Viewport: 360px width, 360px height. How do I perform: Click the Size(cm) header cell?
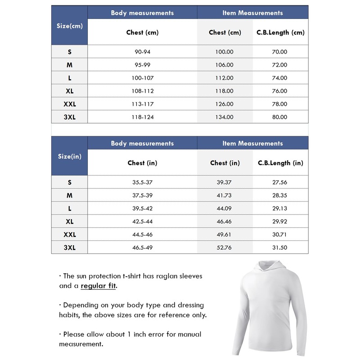(x=70, y=26)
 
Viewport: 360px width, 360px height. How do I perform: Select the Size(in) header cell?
(x=70, y=156)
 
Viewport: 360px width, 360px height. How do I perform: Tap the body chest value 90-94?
(x=142, y=52)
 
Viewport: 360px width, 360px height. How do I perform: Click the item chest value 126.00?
(x=225, y=104)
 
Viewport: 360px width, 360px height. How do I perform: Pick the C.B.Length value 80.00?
(x=279, y=117)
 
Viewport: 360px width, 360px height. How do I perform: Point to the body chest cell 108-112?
(x=142, y=91)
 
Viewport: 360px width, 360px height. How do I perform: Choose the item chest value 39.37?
(x=225, y=182)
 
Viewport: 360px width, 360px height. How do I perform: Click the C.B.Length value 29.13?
(x=279, y=208)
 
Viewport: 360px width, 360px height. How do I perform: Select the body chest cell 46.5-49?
(x=142, y=247)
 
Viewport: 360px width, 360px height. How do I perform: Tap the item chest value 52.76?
(x=225, y=247)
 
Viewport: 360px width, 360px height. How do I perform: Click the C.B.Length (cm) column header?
(x=280, y=32)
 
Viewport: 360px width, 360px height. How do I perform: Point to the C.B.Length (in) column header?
(x=280, y=163)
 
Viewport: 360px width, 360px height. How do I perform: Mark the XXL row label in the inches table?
(x=70, y=234)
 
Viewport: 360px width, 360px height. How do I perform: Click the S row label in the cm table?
(x=70, y=52)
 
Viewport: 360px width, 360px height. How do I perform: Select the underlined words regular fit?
(x=99, y=286)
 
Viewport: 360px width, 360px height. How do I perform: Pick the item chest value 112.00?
(x=225, y=78)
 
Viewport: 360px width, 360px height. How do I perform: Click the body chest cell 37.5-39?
(x=142, y=195)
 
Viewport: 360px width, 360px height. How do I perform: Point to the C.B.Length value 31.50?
(x=279, y=247)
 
